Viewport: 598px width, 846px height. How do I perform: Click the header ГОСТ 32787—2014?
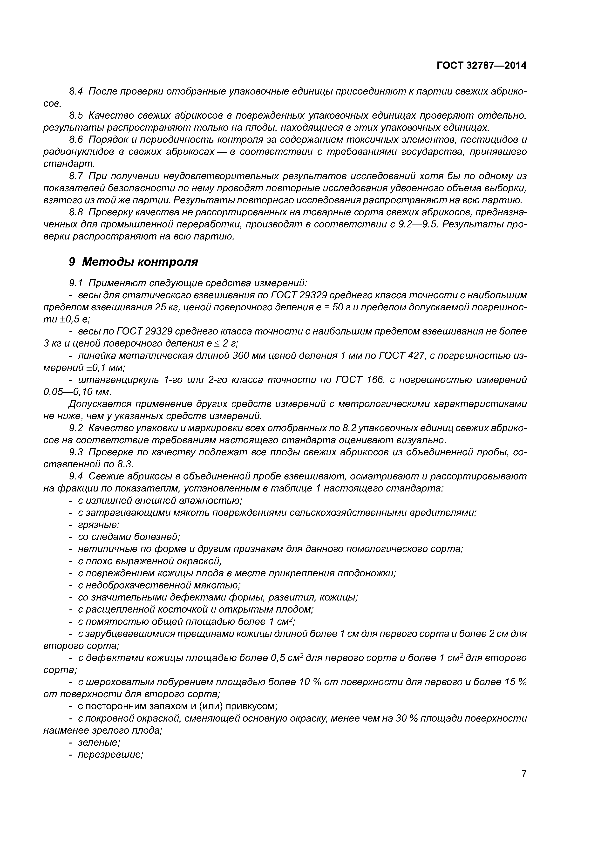point(481,66)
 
